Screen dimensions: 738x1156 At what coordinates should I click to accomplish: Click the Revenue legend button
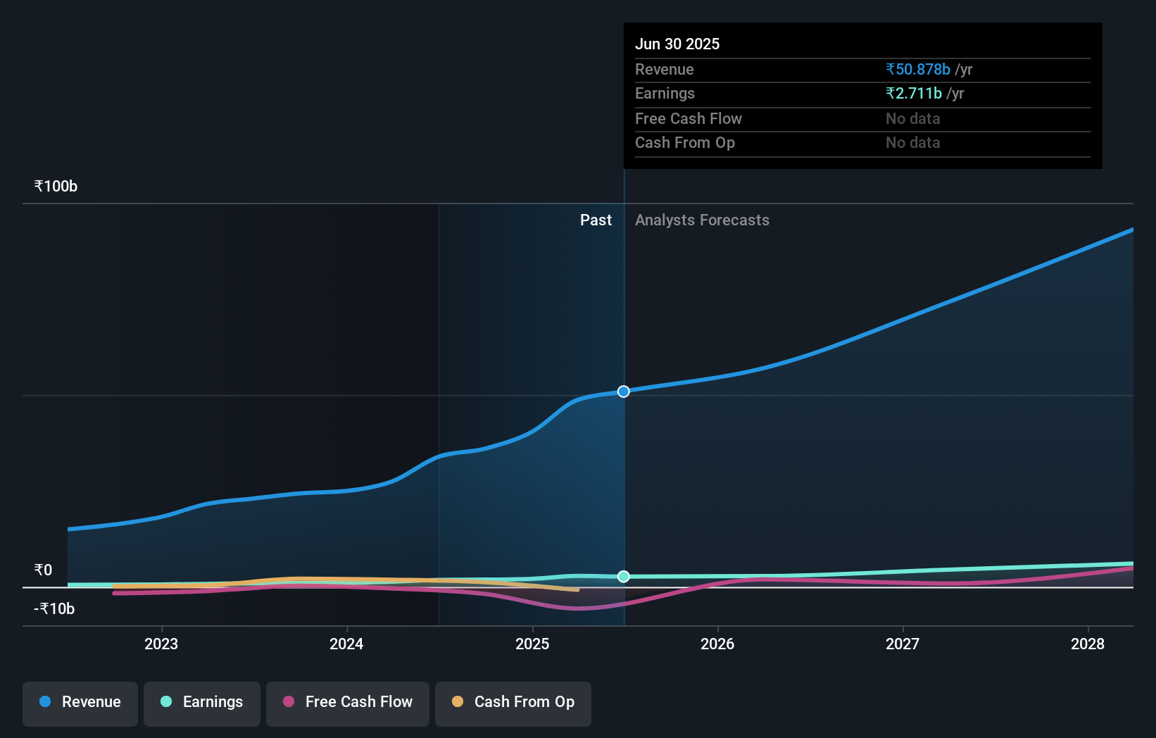(80, 702)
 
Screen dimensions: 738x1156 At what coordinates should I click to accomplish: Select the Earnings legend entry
(202, 702)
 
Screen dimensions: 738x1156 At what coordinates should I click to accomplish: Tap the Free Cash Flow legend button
(348, 702)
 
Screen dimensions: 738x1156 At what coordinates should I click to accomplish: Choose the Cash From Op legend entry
(513, 702)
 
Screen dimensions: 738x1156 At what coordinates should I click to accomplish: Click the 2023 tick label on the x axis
(161, 644)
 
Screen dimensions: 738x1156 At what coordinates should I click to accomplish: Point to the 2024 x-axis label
(346, 644)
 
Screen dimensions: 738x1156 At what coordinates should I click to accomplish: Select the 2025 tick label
(532, 644)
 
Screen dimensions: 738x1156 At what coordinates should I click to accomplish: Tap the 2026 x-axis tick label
(717, 644)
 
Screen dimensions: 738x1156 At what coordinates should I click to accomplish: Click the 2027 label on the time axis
(903, 644)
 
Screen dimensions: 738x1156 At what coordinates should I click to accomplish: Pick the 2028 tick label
(1088, 644)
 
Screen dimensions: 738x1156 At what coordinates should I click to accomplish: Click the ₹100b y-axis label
(56, 187)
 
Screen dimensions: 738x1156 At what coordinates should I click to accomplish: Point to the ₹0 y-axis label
(44, 570)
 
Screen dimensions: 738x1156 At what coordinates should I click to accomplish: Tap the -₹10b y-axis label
(54, 608)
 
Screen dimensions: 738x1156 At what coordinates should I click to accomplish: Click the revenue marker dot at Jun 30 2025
(624, 392)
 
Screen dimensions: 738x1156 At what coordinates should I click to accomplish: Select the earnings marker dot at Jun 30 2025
(624, 577)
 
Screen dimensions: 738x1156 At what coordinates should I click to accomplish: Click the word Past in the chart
(596, 220)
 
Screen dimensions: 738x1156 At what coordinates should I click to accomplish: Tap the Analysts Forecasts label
(702, 220)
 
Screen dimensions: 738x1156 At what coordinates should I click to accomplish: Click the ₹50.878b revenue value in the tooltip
(918, 69)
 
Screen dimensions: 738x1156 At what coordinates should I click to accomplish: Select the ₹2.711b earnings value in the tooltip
(914, 94)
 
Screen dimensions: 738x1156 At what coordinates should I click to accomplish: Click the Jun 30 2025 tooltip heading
(677, 44)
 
